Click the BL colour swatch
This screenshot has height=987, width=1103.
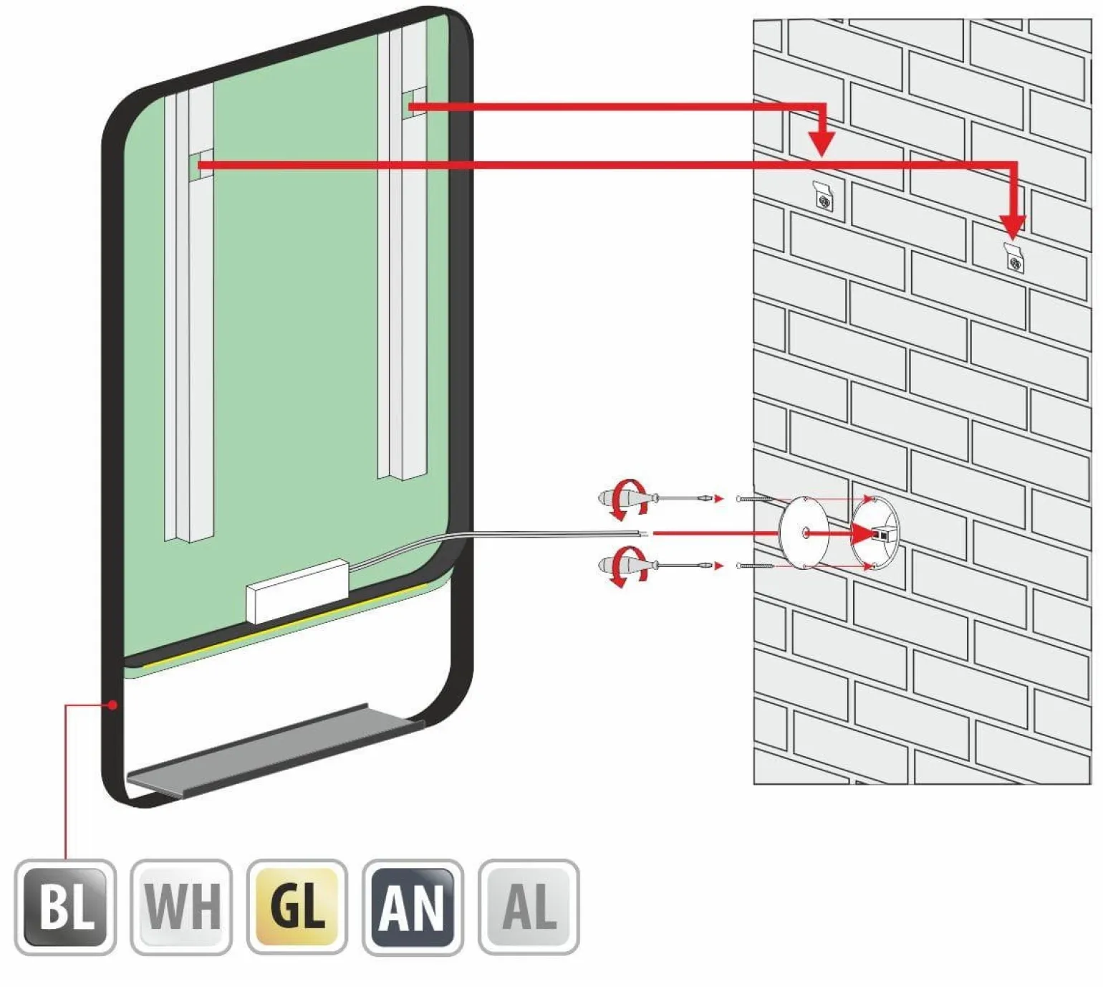(x=65, y=907)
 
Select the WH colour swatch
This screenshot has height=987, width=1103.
(x=181, y=907)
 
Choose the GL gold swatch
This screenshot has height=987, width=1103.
(x=297, y=907)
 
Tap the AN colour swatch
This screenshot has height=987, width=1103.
(x=413, y=907)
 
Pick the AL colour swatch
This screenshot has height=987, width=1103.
(x=529, y=907)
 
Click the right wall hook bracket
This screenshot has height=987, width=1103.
(x=1013, y=257)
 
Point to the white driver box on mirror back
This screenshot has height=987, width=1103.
(x=297, y=591)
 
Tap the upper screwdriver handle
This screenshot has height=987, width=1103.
(x=620, y=496)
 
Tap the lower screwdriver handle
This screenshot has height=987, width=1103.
(x=620, y=564)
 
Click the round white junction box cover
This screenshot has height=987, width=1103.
(x=804, y=533)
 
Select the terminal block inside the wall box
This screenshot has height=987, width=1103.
(x=883, y=533)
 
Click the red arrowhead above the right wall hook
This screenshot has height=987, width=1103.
(x=1013, y=227)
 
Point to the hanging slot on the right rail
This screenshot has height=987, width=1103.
(x=414, y=102)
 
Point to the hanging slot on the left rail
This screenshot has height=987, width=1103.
(x=202, y=164)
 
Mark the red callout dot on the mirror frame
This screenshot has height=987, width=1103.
(x=113, y=705)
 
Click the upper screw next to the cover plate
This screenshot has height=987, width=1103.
(x=755, y=499)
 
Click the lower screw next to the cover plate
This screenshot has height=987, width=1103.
(x=755, y=566)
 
